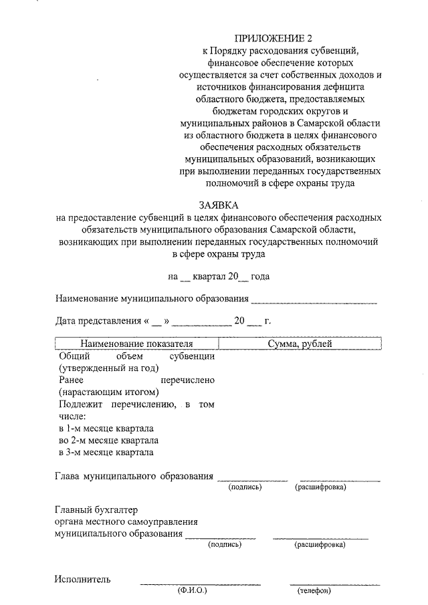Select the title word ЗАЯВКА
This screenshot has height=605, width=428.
[219, 205]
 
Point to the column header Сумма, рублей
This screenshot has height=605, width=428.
[300, 344]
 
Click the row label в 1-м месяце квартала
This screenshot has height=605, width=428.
[107, 428]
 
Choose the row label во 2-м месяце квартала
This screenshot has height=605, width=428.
[108, 441]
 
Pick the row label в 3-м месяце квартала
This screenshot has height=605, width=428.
[106, 453]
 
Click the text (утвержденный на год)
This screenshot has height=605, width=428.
[108, 368]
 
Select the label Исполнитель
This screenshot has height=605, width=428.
[83, 579]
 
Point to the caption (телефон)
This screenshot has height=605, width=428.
[314, 592]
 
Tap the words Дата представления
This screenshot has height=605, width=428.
[98, 321]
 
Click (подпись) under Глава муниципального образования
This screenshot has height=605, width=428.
[245, 487]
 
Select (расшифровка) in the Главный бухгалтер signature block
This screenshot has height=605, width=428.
[320, 546]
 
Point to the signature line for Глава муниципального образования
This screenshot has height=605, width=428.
[253, 479]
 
